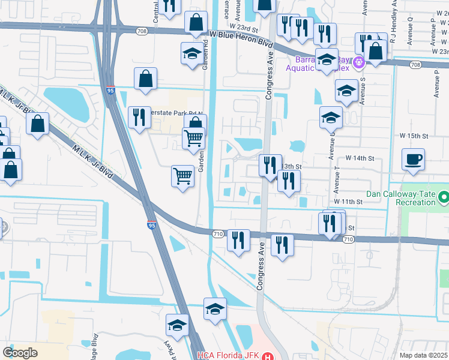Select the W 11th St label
[x=348, y=202]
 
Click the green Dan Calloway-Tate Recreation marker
[x=444, y=196]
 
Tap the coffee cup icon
[x=414, y=160]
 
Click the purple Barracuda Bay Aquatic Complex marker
[x=360, y=61]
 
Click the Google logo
[x=20, y=352]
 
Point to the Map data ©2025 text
[x=424, y=355]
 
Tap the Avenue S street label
[x=363, y=92]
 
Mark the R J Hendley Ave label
[x=393, y=24]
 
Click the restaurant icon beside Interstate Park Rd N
[x=139, y=117]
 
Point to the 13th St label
[x=291, y=166]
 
